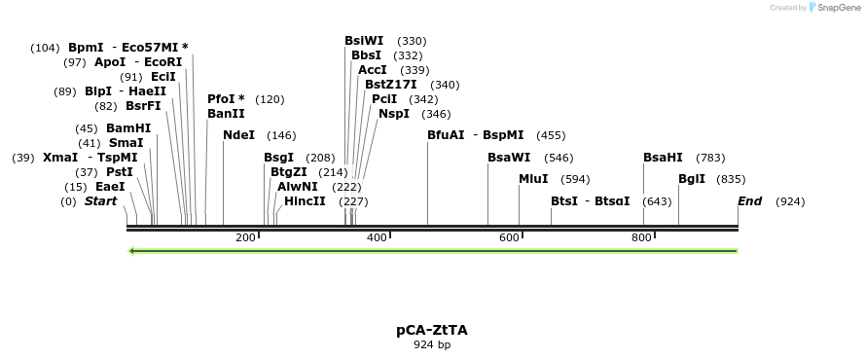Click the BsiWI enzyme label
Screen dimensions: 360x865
(364, 41)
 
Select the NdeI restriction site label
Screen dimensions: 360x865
(238, 135)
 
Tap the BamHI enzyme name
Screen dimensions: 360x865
(128, 127)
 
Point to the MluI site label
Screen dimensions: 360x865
(533, 179)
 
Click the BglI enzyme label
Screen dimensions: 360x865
(692, 179)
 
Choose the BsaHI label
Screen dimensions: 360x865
(663, 158)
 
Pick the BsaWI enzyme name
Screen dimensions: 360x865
(509, 158)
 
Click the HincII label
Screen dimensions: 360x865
(305, 201)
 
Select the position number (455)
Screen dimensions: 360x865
(551, 135)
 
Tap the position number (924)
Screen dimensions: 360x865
(790, 201)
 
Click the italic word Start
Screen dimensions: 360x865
(100, 201)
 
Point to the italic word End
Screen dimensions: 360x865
(749, 201)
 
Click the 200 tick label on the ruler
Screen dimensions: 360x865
(245, 237)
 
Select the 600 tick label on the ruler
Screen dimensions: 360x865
(509, 237)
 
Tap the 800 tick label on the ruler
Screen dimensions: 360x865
(641, 237)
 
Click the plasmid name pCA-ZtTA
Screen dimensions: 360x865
(431, 330)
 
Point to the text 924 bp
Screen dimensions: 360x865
(432, 344)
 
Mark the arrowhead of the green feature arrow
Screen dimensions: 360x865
(132, 251)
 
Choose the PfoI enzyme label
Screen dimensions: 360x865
(226, 99)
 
